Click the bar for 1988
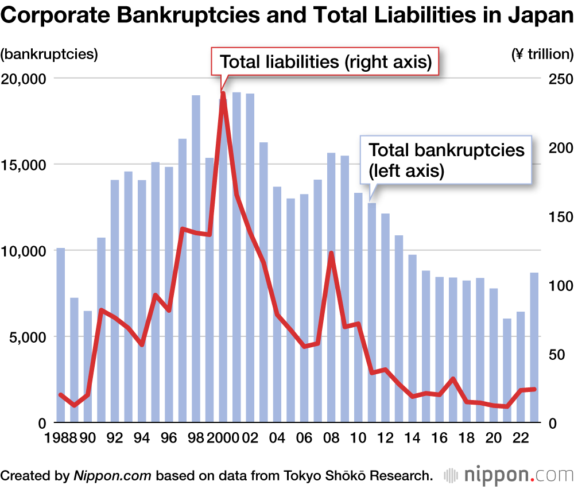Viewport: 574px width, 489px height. coord(60,335)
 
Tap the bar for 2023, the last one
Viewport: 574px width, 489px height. coord(534,347)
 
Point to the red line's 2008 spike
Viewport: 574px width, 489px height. coord(331,253)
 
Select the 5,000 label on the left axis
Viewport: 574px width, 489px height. coord(28,336)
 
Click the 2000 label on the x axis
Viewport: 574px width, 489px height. coord(223,438)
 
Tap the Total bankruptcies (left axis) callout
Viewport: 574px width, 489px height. coord(446,160)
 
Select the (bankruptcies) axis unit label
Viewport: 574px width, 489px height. coord(49,55)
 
